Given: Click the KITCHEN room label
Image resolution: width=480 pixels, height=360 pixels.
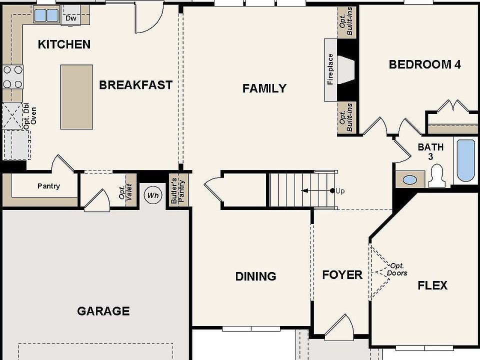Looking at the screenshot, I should pos(64,44).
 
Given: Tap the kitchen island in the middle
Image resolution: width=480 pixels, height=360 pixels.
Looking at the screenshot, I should pos(76,97).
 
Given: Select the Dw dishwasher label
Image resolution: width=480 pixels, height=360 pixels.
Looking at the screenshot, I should pos(71,18).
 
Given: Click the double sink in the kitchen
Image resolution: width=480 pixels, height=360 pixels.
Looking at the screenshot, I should pos(46,15).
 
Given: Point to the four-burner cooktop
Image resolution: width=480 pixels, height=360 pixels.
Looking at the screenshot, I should pos(13,76).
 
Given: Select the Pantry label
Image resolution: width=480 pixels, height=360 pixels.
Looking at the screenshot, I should pos(48,186).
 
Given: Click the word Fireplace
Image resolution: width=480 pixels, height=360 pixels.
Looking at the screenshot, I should pos(330,69).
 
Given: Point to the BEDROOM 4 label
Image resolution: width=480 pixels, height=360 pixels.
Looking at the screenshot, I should pos(424,64).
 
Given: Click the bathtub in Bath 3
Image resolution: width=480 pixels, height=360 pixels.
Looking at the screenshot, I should pos(465,160).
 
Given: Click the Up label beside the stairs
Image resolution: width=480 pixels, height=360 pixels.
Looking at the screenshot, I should pos(340,191).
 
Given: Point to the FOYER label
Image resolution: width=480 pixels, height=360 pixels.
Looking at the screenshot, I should pos(342,275).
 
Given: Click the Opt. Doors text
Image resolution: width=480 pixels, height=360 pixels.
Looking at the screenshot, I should pos(397,269).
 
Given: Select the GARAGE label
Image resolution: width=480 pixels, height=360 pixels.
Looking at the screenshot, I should pos(103,311).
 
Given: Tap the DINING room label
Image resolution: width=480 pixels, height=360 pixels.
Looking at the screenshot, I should pos(255,276).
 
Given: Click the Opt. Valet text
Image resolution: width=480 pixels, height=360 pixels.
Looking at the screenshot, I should pos(125,190).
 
